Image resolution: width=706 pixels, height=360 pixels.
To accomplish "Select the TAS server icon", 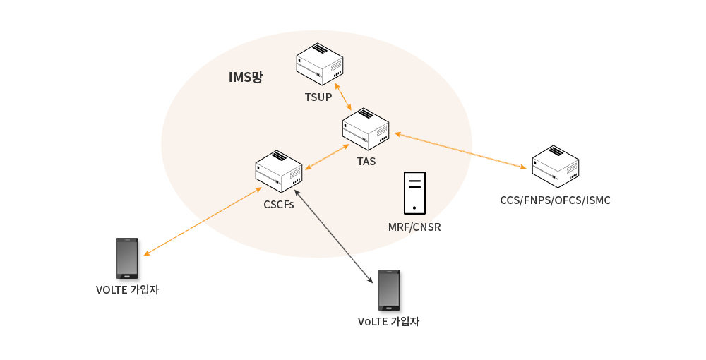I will (x=366, y=128).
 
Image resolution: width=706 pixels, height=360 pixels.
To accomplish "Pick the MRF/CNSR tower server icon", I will (x=414, y=193).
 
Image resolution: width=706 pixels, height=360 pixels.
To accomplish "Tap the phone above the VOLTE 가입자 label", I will (x=127, y=258).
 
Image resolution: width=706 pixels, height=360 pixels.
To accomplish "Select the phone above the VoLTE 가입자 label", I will (x=389, y=289).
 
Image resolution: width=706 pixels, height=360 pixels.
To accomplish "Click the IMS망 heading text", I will (x=246, y=78).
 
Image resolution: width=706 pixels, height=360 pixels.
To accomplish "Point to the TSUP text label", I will (x=318, y=97).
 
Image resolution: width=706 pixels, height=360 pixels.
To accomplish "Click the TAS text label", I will (x=366, y=162).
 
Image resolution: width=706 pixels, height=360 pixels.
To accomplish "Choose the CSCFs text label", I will (x=279, y=205).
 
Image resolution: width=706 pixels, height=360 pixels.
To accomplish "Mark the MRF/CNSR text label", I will (x=414, y=227).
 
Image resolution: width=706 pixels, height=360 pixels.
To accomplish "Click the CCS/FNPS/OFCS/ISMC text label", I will (x=555, y=200).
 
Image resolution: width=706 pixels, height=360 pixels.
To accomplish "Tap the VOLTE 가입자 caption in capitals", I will (x=127, y=289).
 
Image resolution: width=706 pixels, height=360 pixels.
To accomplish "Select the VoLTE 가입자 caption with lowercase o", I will (x=389, y=321).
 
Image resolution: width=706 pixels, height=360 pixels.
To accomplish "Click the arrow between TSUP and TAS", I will (x=343, y=96).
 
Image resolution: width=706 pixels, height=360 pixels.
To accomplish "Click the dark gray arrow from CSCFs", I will (x=333, y=236).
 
